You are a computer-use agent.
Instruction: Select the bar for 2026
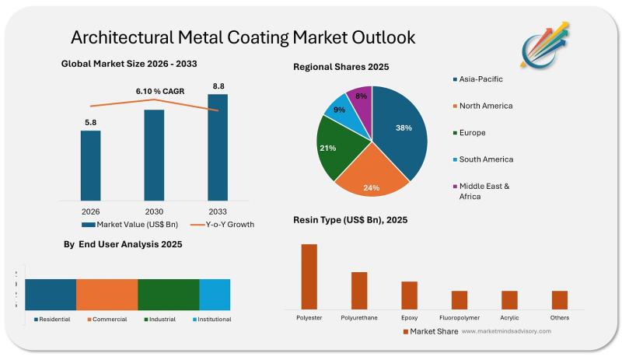(x=90, y=164)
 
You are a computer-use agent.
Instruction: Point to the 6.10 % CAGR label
(x=159, y=93)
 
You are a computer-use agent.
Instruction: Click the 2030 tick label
(x=154, y=211)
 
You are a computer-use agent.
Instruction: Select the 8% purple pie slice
(x=360, y=100)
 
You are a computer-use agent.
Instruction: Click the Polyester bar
(x=309, y=276)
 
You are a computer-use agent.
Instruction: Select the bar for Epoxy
(x=409, y=295)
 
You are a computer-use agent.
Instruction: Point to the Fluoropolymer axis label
(x=460, y=317)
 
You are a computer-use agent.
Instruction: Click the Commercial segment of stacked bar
(x=107, y=294)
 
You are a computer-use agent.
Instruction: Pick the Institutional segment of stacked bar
(x=215, y=294)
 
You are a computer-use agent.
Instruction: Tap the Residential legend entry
(x=53, y=319)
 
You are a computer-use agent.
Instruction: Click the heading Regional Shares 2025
(x=341, y=67)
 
